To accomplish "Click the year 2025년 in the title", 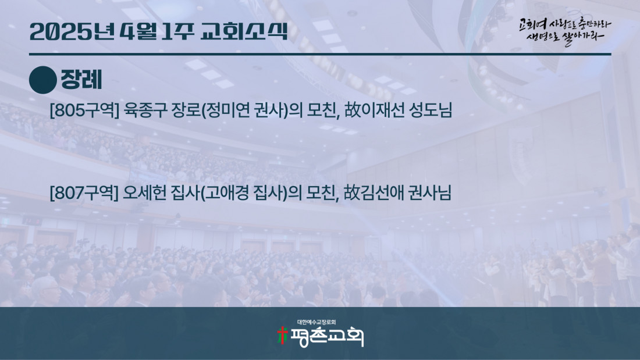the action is coord(72,32).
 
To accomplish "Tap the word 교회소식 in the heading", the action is coord(244,32).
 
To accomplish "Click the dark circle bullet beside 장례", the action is coord(43,80).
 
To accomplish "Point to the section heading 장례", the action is coord(81,80).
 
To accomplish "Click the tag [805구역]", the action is coord(84,110).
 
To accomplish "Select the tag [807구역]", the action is coord(84,193).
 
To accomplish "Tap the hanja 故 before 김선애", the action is coord(351,193).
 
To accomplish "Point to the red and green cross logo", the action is coord(282,336).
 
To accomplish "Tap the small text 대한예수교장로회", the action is coord(317,322).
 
